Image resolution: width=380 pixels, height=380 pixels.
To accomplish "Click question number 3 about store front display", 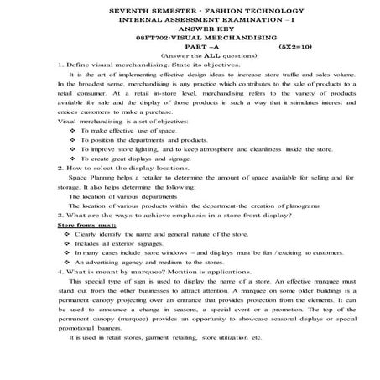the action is coord(52,216).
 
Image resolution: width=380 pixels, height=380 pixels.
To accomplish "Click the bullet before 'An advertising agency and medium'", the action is coord(66,262).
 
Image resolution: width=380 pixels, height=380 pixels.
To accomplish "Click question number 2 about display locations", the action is coord(52,169).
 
